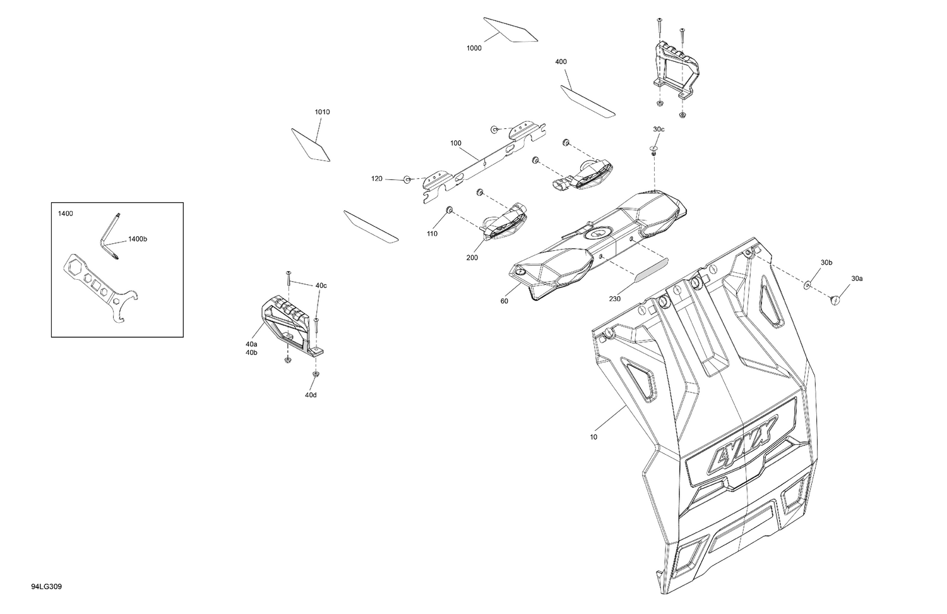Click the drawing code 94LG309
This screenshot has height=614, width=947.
pos(46,586)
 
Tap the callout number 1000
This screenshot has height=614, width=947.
pos(474,48)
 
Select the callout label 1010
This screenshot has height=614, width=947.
pos(322,112)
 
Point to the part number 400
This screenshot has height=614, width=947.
pos(561,62)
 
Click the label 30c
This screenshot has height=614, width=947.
pos(658,129)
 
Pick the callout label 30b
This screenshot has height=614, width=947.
pos(826,263)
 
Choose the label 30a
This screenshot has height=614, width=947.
pos(857,278)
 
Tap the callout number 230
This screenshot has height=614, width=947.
pos(615,299)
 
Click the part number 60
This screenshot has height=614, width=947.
pos(504,301)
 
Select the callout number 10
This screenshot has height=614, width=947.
pos(593,437)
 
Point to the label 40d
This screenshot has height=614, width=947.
pos(311,395)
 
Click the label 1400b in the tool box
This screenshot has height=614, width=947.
pos(138,239)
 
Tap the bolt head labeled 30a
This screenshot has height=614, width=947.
pos(835,300)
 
